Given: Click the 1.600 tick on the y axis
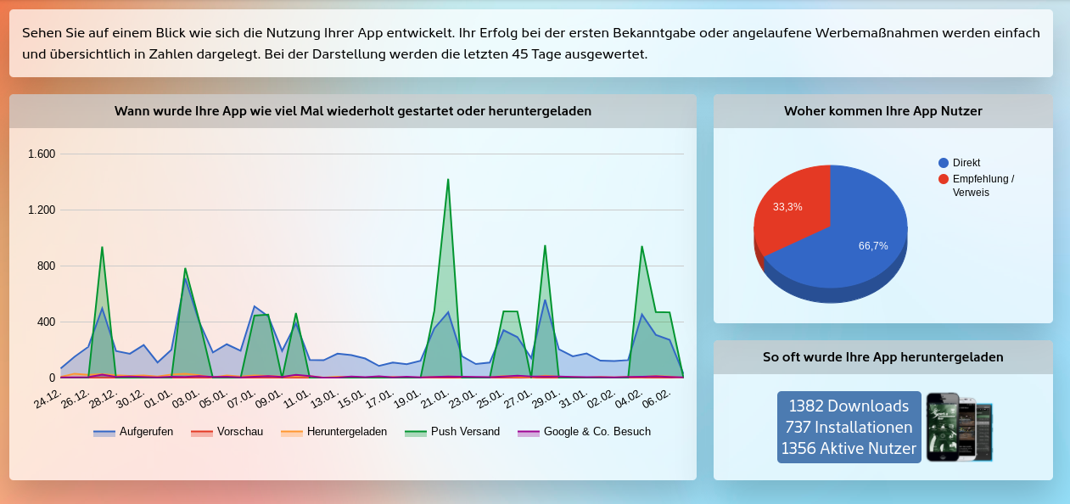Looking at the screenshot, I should pos(42,154).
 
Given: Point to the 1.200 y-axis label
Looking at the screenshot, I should pos(42,210).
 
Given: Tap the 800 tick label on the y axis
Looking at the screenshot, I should pos(45,266).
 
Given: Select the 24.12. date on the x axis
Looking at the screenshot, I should pos(48,398).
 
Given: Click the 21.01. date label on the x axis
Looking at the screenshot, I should pos(434,398).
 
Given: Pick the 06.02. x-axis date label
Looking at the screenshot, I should pos(658,398).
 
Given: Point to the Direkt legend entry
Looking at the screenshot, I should pos(966,163).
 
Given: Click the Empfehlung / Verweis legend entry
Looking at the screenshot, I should pos(983,186).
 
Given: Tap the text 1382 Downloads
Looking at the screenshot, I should pos(849,406).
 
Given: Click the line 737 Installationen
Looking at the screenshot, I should pos(849,427).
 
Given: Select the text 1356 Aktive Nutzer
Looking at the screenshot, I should pos(849,449).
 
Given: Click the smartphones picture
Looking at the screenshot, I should pos(959,427).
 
